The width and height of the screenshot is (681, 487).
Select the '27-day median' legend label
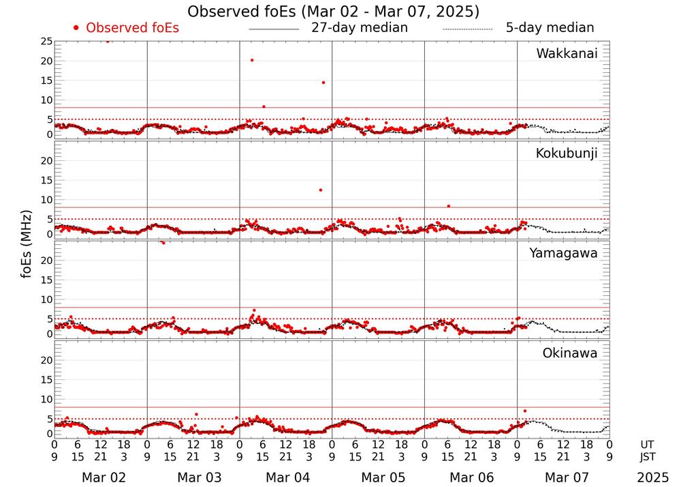[360, 28]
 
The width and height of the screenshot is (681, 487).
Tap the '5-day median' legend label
[550, 28]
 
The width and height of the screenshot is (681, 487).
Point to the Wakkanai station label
[567, 54]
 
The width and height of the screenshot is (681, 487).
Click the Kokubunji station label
[567, 153]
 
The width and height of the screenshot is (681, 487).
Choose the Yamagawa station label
[564, 253]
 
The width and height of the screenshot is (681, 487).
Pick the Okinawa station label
[570, 353]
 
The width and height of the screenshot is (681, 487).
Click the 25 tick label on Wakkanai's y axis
[46, 42]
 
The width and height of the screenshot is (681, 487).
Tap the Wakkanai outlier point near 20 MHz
[252, 60]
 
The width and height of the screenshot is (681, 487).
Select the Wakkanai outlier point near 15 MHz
[323, 83]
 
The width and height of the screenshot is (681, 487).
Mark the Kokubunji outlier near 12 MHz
[320, 190]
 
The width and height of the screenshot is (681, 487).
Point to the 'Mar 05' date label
[379, 477]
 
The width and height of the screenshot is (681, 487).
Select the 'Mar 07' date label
[564, 477]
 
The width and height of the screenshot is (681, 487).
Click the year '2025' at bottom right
[652, 477]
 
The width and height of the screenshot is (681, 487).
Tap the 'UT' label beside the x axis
[649, 443]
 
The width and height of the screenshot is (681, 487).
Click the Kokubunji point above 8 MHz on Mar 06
[448, 206]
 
